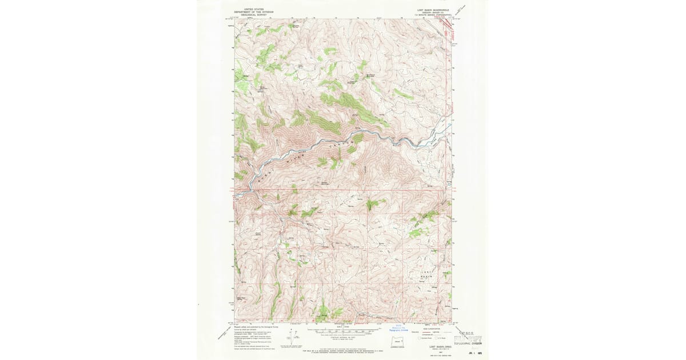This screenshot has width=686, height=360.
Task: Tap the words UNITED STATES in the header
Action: (254, 9)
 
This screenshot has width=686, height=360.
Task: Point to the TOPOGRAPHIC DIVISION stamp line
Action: (468, 344)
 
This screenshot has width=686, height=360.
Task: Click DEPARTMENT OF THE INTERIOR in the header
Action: (254, 11)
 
